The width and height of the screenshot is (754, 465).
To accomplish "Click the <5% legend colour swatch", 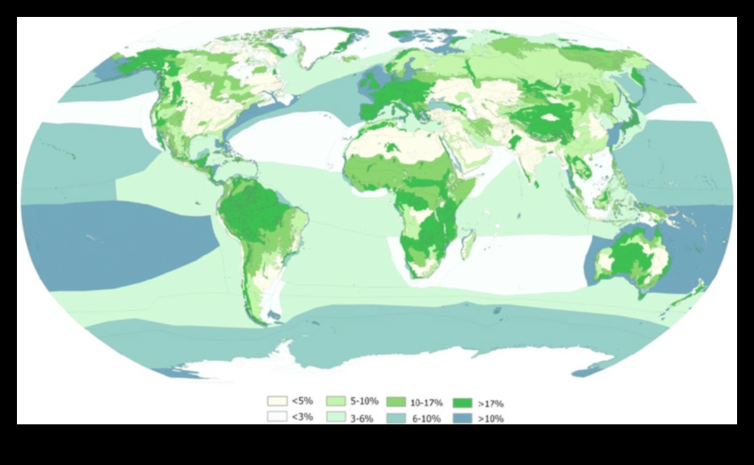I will point(275,401).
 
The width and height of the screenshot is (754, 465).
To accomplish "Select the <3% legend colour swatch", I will point(275,416).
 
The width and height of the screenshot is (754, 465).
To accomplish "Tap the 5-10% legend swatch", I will point(334,401).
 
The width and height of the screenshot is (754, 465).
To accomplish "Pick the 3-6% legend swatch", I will point(334,416).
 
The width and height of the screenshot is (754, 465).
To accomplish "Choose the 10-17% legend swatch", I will point(396,401).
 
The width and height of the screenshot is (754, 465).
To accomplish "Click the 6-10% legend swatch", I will point(396,417).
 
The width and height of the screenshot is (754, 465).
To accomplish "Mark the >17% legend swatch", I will point(463,402).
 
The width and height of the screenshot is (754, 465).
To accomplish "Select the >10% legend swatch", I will point(463,418).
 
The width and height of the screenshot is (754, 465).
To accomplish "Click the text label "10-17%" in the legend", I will point(426,402).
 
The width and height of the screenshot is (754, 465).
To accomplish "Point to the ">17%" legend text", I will point(491,403).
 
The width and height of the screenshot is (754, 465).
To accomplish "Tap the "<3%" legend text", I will point(300,416).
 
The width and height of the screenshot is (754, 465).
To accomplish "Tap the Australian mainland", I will point(631,258).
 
